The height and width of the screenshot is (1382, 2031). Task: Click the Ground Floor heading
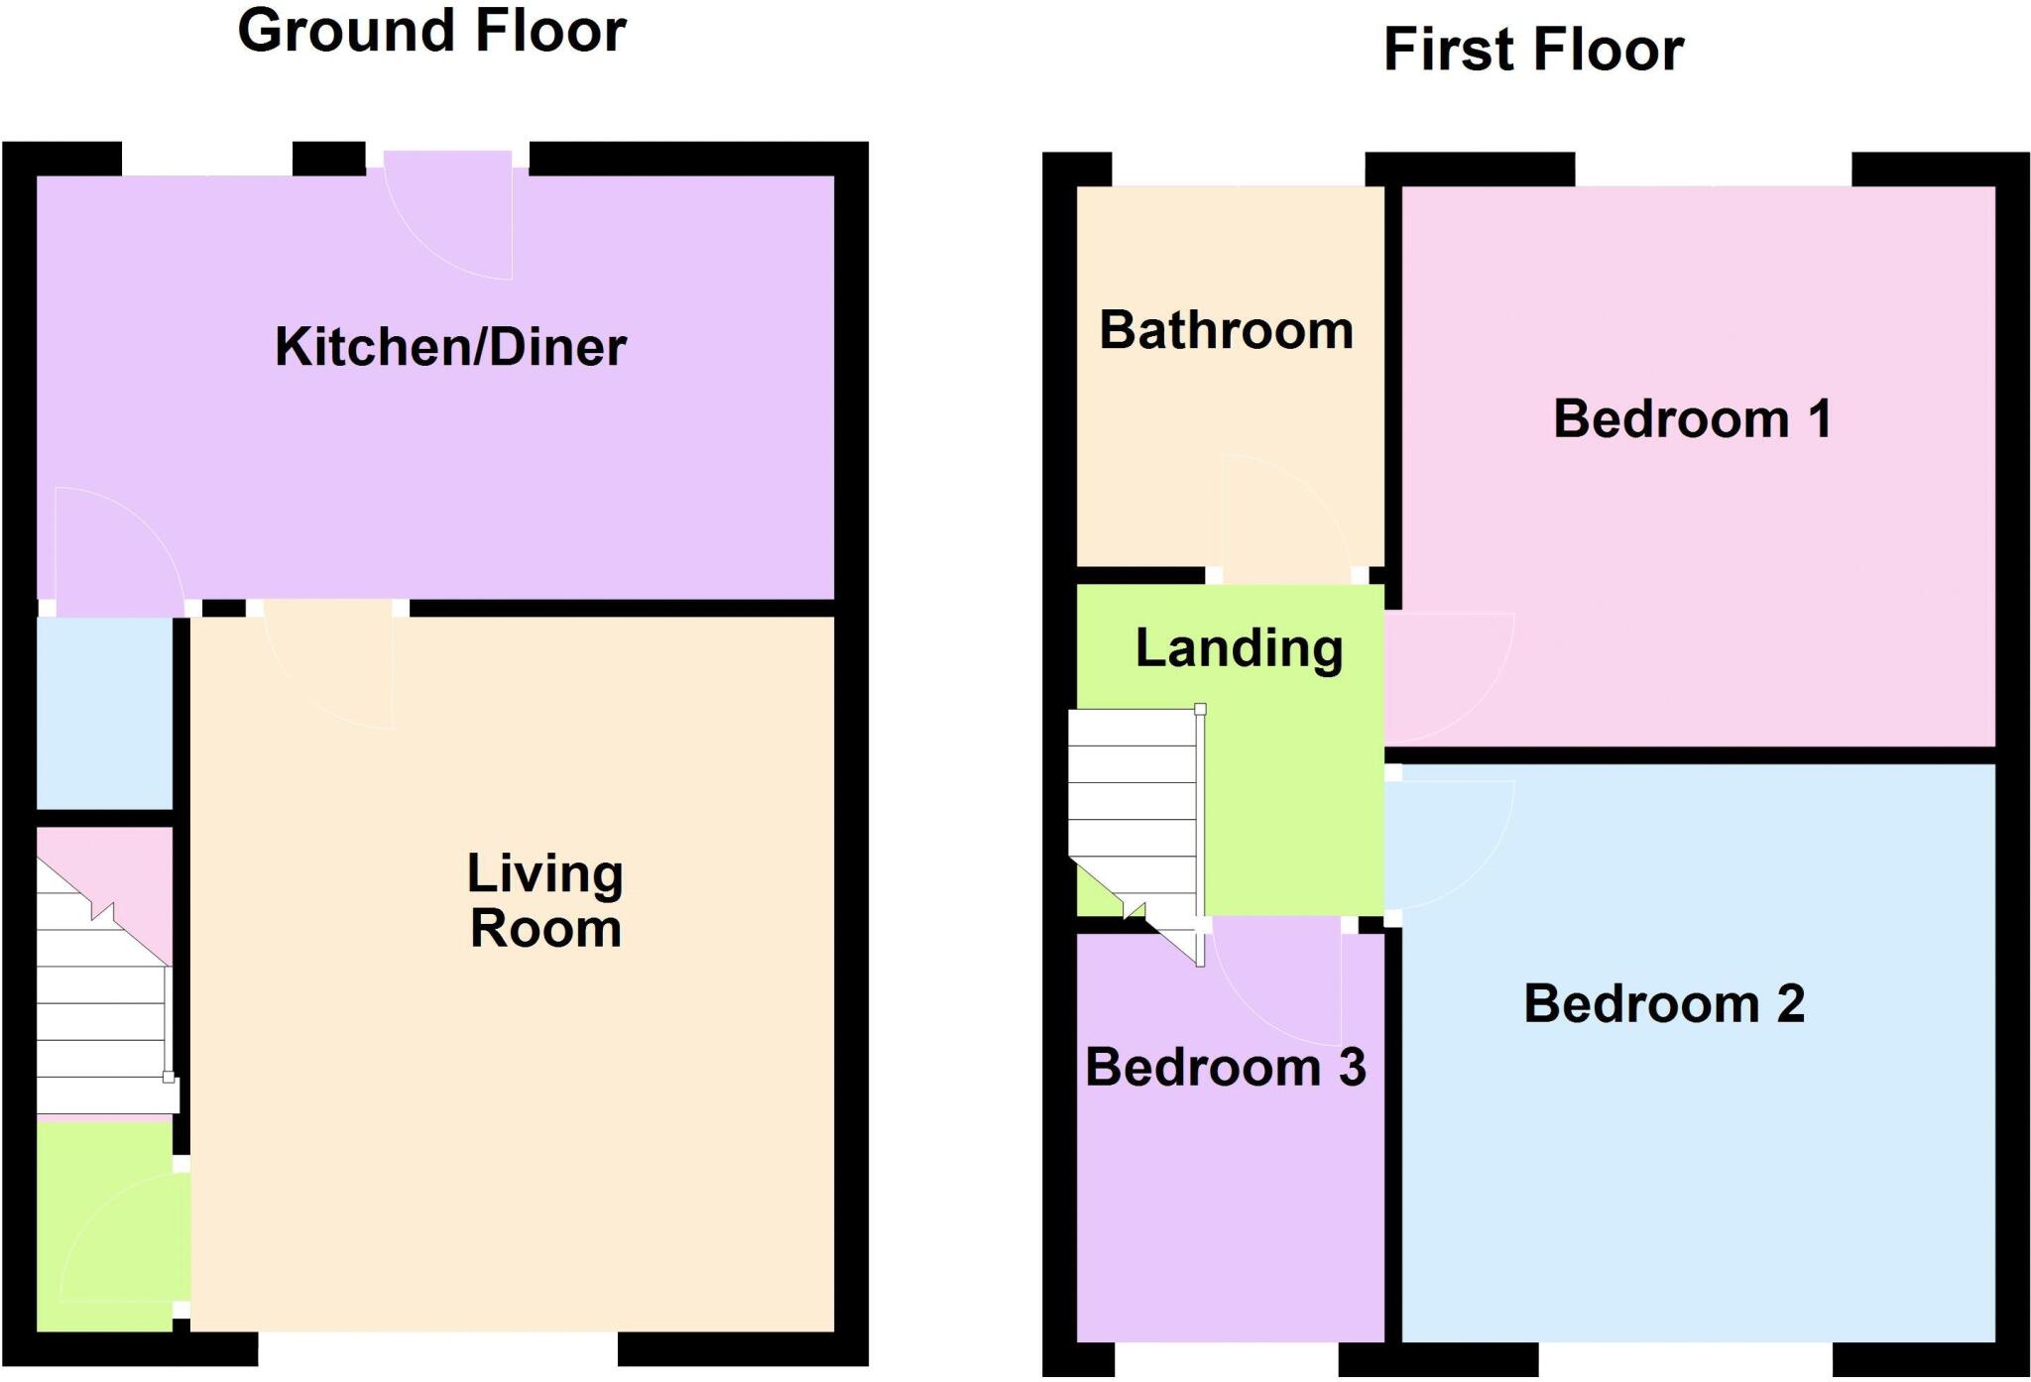tap(431, 30)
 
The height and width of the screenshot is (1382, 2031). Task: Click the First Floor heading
tap(1533, 50)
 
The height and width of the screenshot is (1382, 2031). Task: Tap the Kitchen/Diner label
tap(450, 347)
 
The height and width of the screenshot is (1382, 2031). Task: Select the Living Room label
tap(545, 901)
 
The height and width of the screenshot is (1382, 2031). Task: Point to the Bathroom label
tap(1227, 330)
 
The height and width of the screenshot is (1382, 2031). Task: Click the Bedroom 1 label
tap(1692, 418)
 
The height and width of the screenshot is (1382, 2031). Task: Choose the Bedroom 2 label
tap(1664, 1003)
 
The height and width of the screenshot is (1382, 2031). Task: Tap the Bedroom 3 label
tap(1226, 1067)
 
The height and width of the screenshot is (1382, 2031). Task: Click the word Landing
tap(1239, 649)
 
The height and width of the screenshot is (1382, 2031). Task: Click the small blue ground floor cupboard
tap(105, 713)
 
